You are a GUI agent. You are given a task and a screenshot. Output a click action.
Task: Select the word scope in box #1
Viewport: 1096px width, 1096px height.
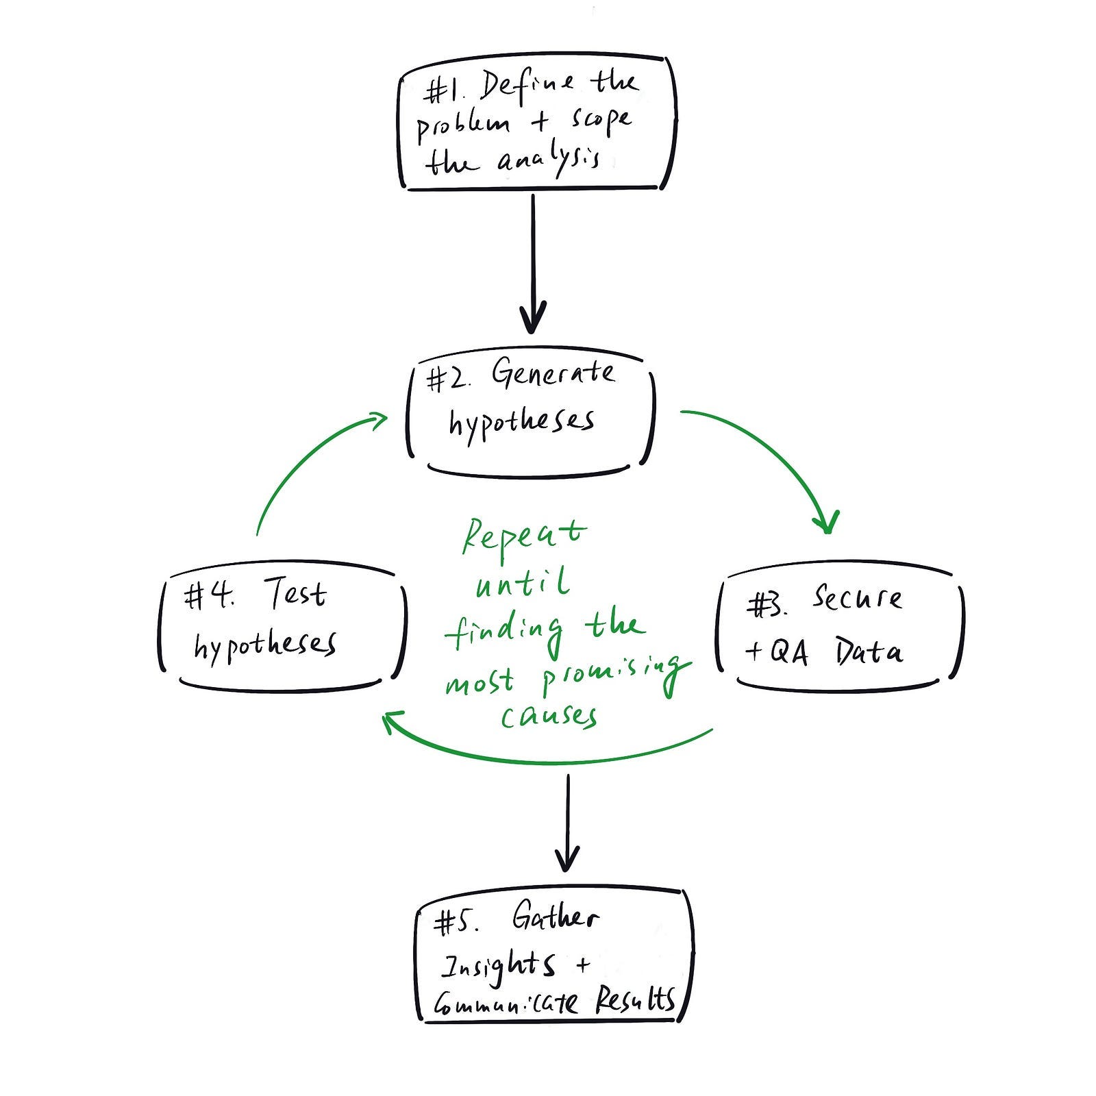point(600,121)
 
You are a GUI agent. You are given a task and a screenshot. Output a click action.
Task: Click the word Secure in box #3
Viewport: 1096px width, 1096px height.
point(857,598)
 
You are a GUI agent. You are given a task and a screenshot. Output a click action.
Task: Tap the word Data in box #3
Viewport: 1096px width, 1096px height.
point(868,651)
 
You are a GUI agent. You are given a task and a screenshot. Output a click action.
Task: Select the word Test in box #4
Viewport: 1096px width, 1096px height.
point(295,593)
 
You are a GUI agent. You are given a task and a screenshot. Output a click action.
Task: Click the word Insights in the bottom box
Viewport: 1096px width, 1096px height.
point(498,965)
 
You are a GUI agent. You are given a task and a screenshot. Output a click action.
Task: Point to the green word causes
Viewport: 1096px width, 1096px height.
point(549,715)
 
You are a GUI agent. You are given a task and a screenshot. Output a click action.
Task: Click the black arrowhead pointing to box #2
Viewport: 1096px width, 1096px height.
point(533,317)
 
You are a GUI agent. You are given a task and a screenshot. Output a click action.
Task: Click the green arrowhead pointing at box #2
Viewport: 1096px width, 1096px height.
point(378,419)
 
